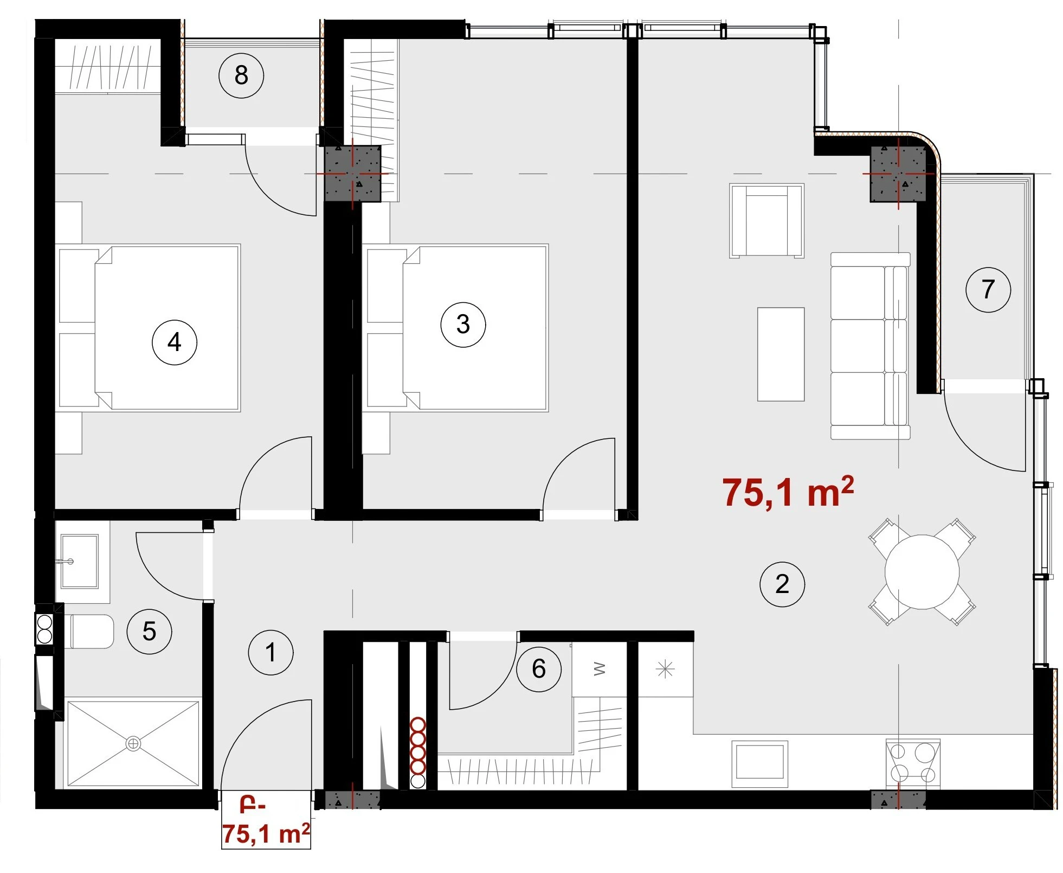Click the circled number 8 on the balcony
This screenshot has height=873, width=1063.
pyautogui.click(x=241, y=75)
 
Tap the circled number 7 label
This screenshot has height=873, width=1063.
pyautogui.click(x=988, y=289)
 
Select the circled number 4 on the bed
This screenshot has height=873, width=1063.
pyautogui.click(x=174, y=342)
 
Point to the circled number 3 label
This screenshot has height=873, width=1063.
pyautogui.click(x=463, y=324)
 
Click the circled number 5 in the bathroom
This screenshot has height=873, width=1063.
pyautogui.click(x=149, y=631)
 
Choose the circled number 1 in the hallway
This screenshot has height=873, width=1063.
pyautogui.click(x=270, y=652)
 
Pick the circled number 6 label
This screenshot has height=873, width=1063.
pyautogui.click(x=539, y=669)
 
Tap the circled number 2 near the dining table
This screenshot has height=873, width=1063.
pyautogui.click(x=782, y=584)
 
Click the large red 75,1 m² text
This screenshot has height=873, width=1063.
pyautogui.click(x=788, y=492)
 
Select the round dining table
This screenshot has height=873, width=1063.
pyautogui.click(x=922, y=572)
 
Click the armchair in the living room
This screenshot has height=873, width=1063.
pyautogui.click(x=766, y=220)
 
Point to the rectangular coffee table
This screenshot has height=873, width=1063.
pyautogui.click(x=781, y=354)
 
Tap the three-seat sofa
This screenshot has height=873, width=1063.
pyautogui.click(x=870, y=346)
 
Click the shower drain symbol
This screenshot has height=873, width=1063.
pyautogui.click(x=133, y=743)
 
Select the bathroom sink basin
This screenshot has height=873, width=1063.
pyautogui.click(x=79, y=561)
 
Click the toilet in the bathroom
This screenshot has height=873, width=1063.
pyautogui.click(x=89, y=631)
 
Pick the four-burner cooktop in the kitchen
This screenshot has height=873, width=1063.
pyautogui.click(x=913, y=763)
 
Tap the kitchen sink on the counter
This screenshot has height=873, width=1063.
pyautogui.click(x=759, y=764)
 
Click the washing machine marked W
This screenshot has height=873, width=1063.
pyautogui.click(x=599, y=669)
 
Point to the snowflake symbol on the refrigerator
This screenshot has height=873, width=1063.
pyautogui.click(x=665, y=670)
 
